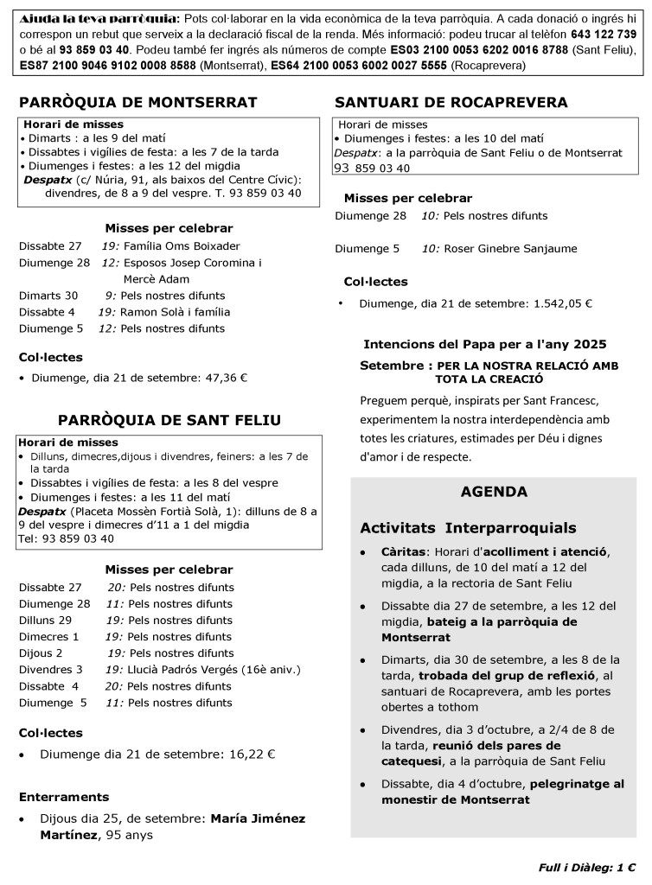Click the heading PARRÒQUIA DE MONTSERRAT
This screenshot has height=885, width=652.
(x=138, y=102)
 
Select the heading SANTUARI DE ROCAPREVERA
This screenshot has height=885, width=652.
(x=451, y=102)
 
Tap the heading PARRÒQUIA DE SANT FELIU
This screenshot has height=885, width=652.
(x=169, y=420)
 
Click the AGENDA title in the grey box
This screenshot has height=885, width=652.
(x=494, y=492)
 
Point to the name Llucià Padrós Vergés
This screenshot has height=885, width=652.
(x=182, y=669)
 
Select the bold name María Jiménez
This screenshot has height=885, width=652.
(x=259, y=818)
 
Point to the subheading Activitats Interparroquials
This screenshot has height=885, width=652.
(x=468, y=528)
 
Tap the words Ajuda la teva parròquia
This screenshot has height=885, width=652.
(x=76, y=18)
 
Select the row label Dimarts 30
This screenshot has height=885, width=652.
(x=48, y=296)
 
